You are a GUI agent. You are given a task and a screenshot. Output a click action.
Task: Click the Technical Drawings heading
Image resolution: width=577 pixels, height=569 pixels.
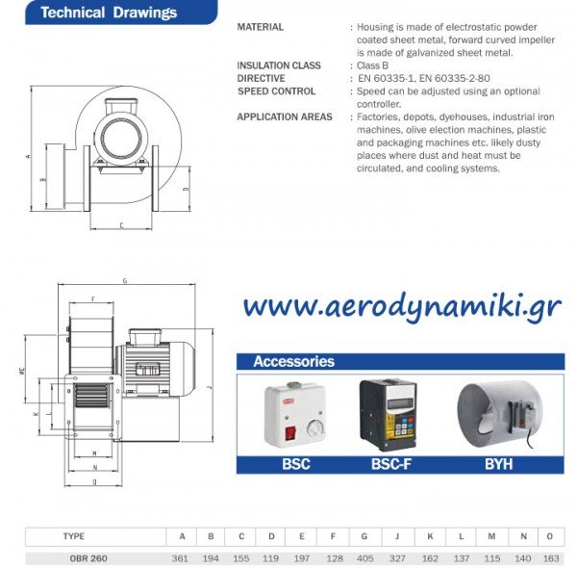pyautogui.click(x=109, y=13)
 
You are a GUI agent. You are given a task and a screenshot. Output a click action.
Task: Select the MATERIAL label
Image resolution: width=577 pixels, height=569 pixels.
pyautogui.click(x=260, y=27)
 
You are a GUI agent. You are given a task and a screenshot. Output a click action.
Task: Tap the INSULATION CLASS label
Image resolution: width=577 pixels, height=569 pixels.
pyautogui.click(x=279, y=65)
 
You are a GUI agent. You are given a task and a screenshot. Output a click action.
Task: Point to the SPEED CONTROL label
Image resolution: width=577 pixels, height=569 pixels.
pyautogui.click(x=276, y=91)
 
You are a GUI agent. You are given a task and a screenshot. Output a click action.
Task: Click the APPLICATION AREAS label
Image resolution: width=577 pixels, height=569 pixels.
pyautogui.click(x=285, y=117)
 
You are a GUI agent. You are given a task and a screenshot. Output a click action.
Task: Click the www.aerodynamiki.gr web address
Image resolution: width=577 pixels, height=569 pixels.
pyautogui.click(x=402, y=306)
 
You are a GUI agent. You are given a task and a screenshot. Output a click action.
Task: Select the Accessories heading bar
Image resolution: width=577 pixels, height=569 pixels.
pyautogui.click(x=400, y=362)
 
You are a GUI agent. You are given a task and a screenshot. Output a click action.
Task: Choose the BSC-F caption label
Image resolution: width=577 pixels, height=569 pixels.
pyautogui.click(x=392, y=463)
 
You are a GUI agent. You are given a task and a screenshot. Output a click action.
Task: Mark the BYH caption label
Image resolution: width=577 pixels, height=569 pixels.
pyautogui.click(x=497, y=463)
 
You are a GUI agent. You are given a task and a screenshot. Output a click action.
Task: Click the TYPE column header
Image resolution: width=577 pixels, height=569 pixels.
pyautogui.click(x=74, y=536)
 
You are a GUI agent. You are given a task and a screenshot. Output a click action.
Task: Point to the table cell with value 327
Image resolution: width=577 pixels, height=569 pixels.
pyautogui.click(x=397, y=557)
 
